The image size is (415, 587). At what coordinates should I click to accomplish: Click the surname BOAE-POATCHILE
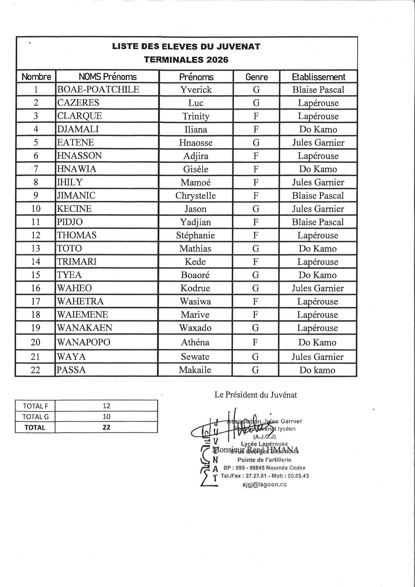(98, 89)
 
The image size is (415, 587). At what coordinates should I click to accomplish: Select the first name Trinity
(196, 116)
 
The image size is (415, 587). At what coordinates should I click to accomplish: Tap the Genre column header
(257, 77)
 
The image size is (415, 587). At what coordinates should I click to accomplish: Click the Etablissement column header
(318, 77)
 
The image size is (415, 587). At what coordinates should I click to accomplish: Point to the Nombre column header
(36, 77)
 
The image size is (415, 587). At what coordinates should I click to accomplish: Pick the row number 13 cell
(36, 248)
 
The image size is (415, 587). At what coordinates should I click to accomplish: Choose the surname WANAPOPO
(84, 342)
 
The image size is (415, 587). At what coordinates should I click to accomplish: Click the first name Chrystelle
(195, 196)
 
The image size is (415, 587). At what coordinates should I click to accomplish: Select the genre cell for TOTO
(256, 248)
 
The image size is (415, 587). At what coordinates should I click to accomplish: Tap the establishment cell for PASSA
(317, 370)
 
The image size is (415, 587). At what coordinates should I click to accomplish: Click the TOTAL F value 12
(106, 406)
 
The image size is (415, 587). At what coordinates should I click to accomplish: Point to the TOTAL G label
(35, 417)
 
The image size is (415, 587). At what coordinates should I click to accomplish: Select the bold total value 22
(106, 427)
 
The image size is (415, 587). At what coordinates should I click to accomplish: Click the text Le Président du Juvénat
(256, 395)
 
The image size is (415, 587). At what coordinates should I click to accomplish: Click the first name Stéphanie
(195, 235)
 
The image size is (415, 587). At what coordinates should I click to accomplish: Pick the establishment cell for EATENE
(318, 142)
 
